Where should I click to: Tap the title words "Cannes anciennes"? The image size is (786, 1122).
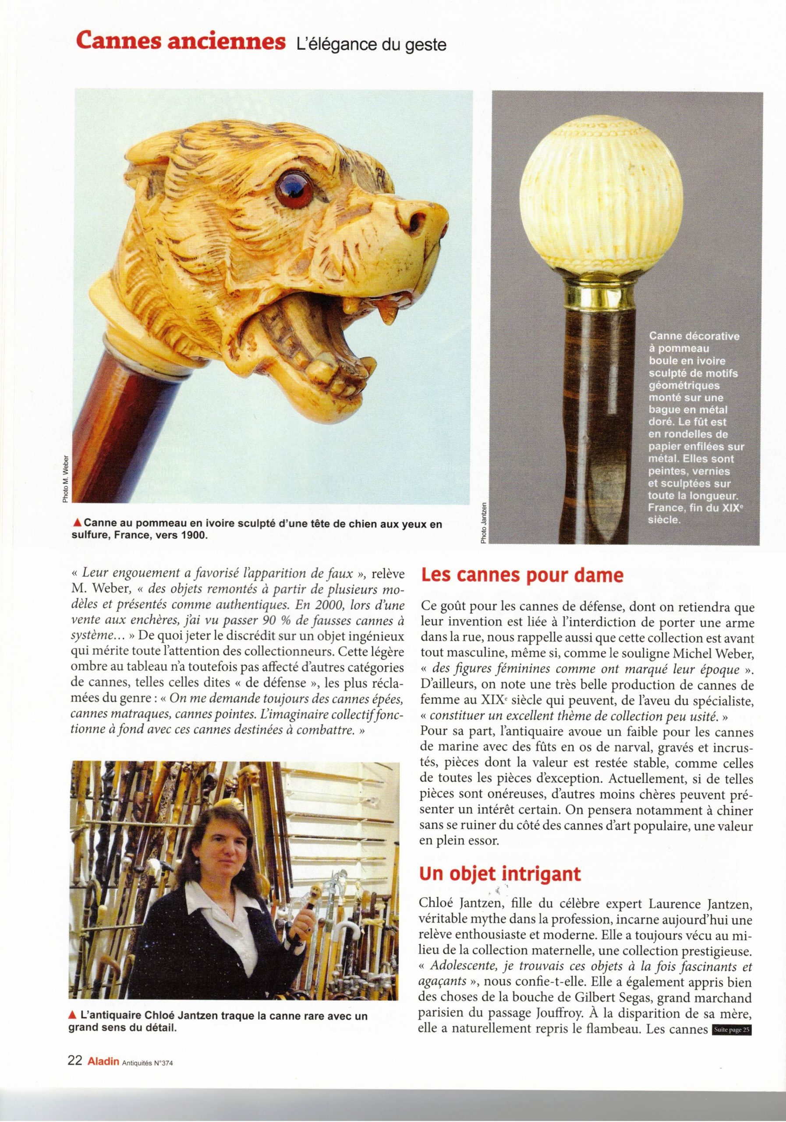coord(180,43)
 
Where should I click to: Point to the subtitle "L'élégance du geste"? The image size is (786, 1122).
coord(371,45)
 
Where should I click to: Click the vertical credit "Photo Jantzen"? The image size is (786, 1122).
coord(484,523)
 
